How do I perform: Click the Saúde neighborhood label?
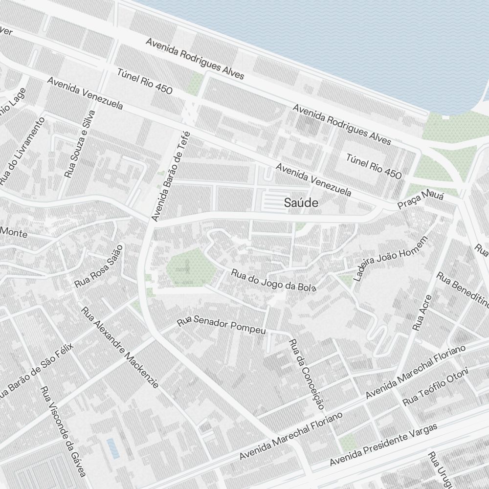click(301, 203)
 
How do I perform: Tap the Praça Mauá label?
click(420, 200)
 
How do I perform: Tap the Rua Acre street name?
click(422, 313)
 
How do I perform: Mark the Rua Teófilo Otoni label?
click(435, 387)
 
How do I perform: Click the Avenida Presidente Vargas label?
click(383, 445)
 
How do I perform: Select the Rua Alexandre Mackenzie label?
click(120, 348)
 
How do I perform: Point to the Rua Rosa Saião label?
click(98, 267)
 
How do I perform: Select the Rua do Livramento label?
click(22, 152)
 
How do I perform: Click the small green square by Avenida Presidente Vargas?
click(348, 443)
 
